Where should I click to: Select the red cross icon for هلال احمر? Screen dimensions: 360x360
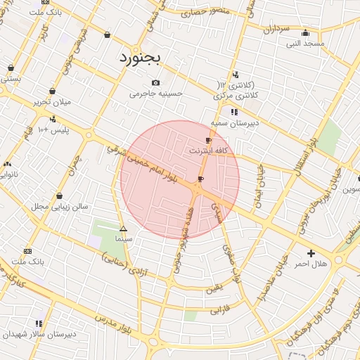click(x=311, y=253)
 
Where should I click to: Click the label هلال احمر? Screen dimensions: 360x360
click(x=311, y=264)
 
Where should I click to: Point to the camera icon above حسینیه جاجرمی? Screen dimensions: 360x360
click(x=155, y=82)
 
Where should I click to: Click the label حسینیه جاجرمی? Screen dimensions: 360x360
click(x=155, y=93)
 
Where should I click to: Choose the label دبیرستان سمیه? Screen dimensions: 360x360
click(x=235, y=122)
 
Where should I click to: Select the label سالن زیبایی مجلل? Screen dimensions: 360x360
click(x=59, y=207)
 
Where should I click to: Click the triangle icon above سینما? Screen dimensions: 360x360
click(x=123, y=229)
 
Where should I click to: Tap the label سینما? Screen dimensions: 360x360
click(x=124, y=239)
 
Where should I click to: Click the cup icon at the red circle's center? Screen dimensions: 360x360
click(x=200, y=179)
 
